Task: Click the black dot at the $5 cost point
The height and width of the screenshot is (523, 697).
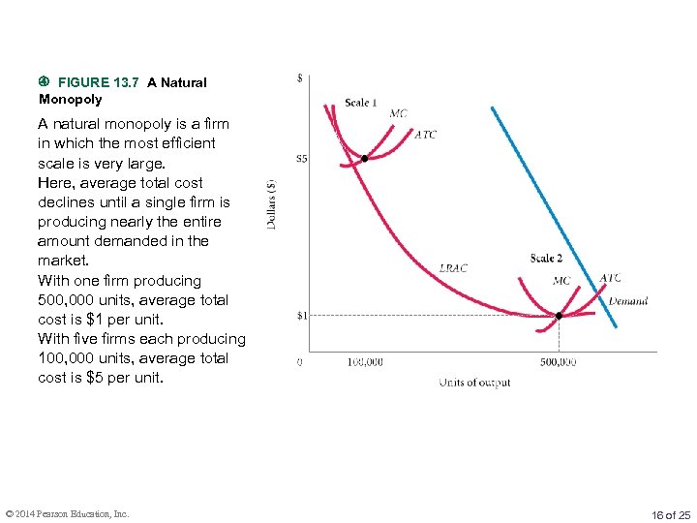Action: point(364,159)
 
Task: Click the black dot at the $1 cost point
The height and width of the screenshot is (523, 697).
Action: point(559,316)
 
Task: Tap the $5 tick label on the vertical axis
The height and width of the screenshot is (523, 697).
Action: point(302,159)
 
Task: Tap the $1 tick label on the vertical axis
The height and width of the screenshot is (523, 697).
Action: point(302,316)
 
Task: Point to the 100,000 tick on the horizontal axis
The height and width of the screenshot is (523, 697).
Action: point(364,361)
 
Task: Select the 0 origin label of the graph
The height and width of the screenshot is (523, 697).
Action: point(299,361)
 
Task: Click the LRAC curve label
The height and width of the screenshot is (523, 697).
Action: point(453,268)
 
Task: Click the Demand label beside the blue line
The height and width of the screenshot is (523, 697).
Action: point(627,301)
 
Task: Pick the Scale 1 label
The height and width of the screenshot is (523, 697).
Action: point(361,103)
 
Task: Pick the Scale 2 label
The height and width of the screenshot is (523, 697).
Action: point(546,258)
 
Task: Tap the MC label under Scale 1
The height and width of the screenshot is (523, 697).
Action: point(398,113)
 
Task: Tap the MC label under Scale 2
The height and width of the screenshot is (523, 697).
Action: point(561,281)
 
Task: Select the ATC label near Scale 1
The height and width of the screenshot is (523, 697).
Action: point(425,135)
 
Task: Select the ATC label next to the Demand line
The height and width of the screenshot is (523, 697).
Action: point(610,278)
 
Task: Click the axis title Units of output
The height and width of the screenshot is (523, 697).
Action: point(474,383)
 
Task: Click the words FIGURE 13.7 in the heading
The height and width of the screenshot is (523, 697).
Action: point(99,82)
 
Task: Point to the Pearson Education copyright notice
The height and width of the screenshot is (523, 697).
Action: point(67,513)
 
